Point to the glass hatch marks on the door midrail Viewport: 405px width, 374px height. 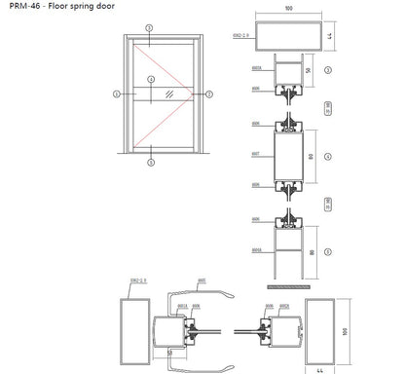168,94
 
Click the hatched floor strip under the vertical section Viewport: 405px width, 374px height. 288,289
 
